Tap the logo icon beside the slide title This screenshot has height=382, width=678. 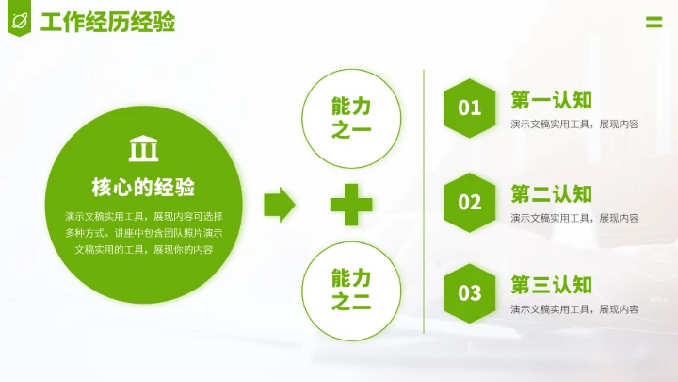point(19,20)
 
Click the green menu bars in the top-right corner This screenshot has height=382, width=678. point(654,23)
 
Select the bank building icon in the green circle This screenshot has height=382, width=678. point(143,149)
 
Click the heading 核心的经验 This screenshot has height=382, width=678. point(143,186)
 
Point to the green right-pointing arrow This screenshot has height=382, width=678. point(279,203)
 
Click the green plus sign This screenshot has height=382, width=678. point(351,204)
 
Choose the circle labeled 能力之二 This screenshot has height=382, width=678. point(351,290)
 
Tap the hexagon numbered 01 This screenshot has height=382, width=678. point(470,108)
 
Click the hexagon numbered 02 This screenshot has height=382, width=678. point(470,202)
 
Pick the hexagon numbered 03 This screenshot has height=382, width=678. point(470,293)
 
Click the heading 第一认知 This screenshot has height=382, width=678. point(552,100)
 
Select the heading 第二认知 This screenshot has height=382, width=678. point(552,194)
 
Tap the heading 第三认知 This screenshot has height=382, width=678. point(552,285)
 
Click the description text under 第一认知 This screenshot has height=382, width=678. point(575,124)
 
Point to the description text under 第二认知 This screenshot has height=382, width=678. point(575,218)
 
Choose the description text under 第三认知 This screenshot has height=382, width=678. point(575,308)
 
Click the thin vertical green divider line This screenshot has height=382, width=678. point(425,203)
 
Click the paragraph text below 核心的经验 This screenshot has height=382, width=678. point(143,232)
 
